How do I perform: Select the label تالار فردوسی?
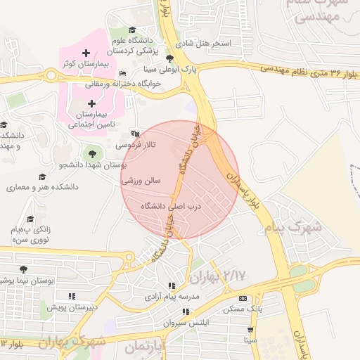150,145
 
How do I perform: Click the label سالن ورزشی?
141,181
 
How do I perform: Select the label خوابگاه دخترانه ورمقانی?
124,83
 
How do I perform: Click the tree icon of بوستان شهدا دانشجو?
90,154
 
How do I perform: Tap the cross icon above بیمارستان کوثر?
86,53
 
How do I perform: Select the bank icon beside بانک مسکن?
243,298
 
